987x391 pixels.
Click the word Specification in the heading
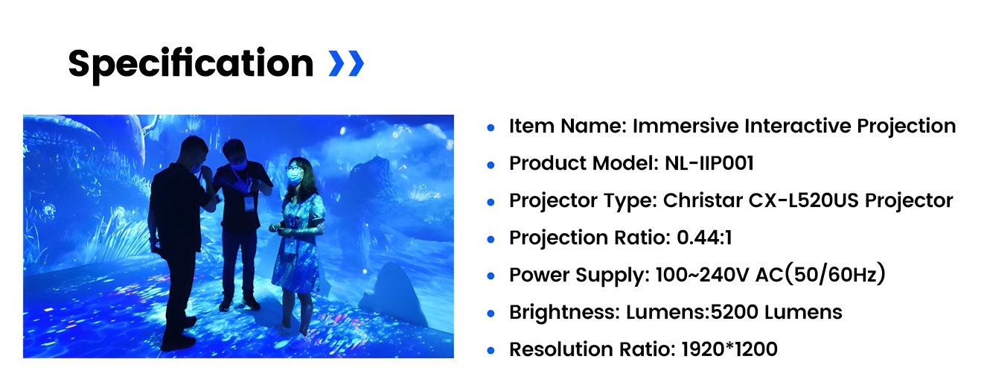(x=191, y=65)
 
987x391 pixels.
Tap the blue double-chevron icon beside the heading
(x=346, y=64)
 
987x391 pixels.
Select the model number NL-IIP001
(x=709, y=163)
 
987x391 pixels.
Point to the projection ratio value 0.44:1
(x=704, y=238)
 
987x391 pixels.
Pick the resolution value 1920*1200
(x=729, y=349)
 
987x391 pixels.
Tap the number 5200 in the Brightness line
(x=735, y=312)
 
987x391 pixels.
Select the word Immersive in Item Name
(x=686, y=126)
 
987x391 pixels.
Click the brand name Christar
(x=703, y=200)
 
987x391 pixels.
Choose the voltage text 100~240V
(x=702, y=275)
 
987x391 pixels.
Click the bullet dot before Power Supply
(x=491, y=276)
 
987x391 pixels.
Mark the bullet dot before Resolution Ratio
(x=491, y=351)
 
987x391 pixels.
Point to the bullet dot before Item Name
(x=491, y=127)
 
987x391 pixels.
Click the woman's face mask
(x=295, y=177)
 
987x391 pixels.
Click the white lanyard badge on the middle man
(x=250, y=203)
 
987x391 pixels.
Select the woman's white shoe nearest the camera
(x=300, y=341)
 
